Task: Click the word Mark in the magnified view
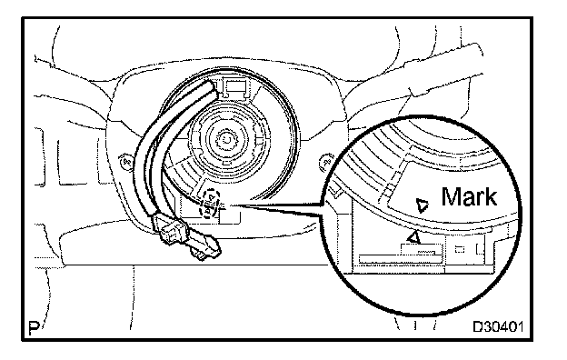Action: click(x=469, y=197)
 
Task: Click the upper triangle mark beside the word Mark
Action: click(x=422, y=205)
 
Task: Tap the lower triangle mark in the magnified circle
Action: click(x=413, y=237)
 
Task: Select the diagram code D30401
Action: click(x=498, y=326)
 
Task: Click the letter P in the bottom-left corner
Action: click(x=34, y=327)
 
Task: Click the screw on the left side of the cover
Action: click(x=124, y=161)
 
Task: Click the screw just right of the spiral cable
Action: click(x=326, y=162)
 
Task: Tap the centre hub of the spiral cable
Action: click(x=228, y=140)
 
